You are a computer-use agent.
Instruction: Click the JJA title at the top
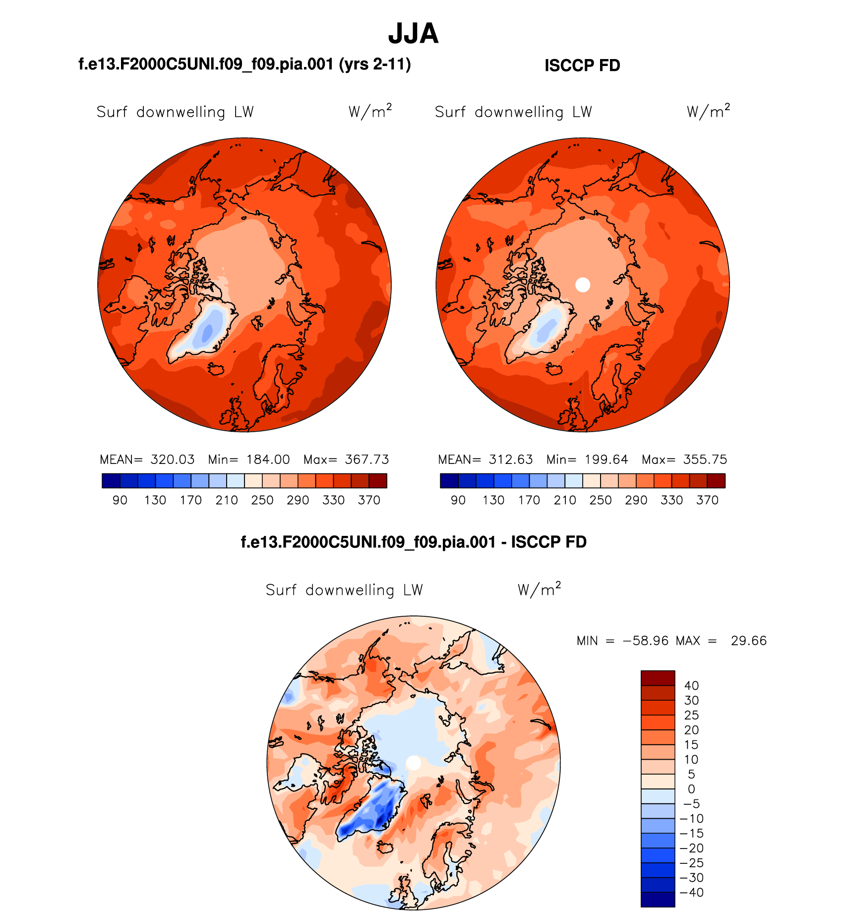click(x=413, y=34)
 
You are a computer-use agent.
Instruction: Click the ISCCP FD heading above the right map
click(x=582, y=65)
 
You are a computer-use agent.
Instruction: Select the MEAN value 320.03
click(x=173, y=459)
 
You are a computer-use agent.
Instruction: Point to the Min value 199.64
click(x=606, y=459)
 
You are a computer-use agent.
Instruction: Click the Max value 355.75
click(x=705, y=459)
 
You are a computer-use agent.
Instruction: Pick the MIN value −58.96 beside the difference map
click(x=646, y=641)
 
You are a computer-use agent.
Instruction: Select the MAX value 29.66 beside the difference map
click(x=748, y=641)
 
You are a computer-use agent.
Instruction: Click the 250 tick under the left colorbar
click(x=262, y=500)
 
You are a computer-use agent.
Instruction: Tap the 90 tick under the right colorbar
click(x=458, y=500)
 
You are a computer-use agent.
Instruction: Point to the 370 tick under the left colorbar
click(x=369, y=500)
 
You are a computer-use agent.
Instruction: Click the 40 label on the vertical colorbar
click(x=691, y=686)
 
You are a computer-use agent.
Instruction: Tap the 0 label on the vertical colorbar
click(x=691, y=789)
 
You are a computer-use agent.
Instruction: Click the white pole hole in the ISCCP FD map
click(x=583, y=285)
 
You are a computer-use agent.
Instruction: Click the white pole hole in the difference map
click(x=414, y=763)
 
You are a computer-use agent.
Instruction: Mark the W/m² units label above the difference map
click(x=539, y=589)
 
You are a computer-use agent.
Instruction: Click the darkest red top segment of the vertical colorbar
click(x=658, y=678)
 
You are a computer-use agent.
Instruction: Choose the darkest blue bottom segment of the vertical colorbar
click(x=658, y=900)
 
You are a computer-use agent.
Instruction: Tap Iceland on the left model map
click(x=217, y=369)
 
